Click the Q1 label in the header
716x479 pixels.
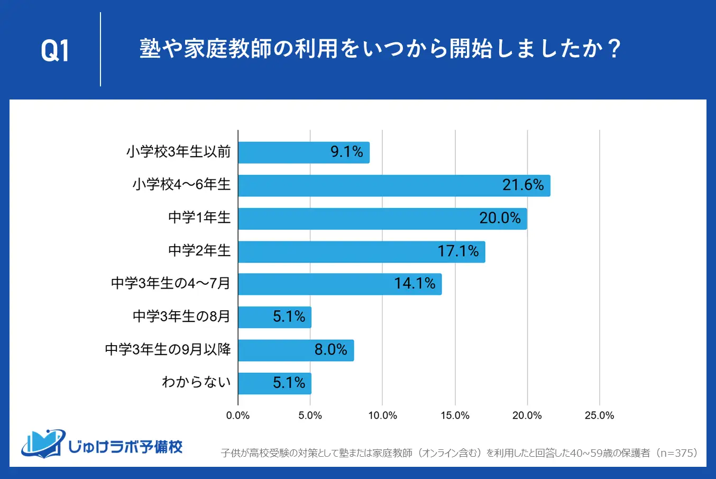point(55,51)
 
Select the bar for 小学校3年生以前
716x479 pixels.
point(304,152)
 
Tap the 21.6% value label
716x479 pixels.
point(523,185)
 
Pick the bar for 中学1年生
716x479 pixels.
point(382,219)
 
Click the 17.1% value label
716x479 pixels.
point(458,251)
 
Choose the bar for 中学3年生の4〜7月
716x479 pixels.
point(339,284)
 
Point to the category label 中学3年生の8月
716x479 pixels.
point(181,317)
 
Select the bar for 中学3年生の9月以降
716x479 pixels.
point(296,350)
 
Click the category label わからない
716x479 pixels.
point(196,382)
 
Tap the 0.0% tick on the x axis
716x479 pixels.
point(238,415)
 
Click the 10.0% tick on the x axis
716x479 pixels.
point(382,415)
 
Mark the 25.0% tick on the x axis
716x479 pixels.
point(599,415)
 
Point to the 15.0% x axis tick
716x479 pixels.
point(455,415)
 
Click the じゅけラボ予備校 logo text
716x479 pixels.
point(125,447)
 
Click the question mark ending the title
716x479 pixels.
point(614,49)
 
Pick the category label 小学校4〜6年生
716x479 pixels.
point(181,185)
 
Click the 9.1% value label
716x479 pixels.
point(347,152)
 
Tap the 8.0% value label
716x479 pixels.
point(331,350)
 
